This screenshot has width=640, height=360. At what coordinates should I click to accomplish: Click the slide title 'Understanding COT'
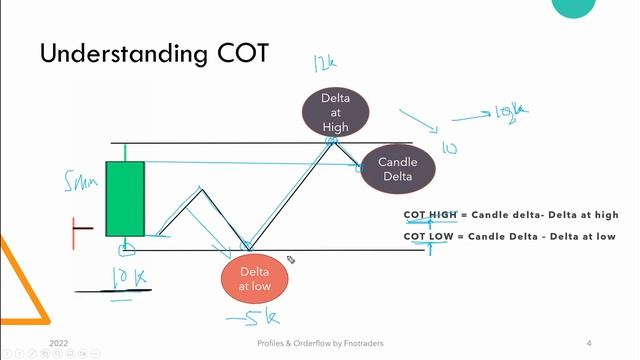[x=153, y=53]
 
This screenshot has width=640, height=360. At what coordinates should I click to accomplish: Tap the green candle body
[x=126, y=199]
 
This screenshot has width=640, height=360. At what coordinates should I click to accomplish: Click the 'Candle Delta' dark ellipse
[x=398, y=169]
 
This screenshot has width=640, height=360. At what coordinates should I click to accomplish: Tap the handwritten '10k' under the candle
[x=122, y=276]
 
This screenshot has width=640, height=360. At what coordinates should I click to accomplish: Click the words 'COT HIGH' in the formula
[x=429, y=215]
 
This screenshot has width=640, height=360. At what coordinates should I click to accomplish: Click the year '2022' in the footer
[x=60, y=342]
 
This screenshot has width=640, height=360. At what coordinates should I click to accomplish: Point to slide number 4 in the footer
[x=589, y=342]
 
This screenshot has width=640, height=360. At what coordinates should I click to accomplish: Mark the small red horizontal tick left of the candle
[x=82, y=229]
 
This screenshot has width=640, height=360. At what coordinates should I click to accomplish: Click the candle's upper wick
[x=126, y=152]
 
